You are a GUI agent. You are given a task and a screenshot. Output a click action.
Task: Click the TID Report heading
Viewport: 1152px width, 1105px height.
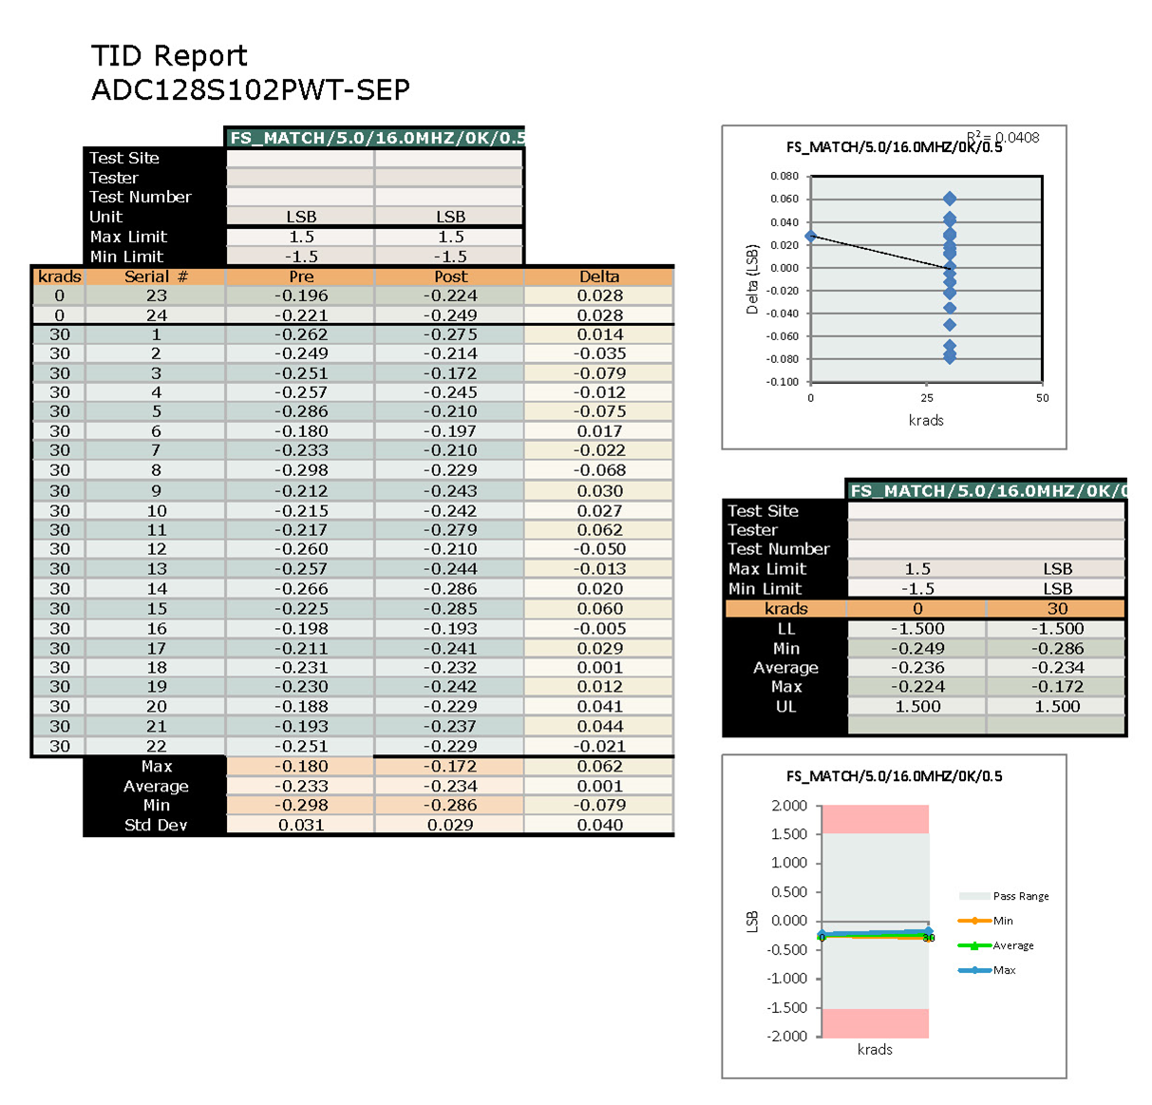[x=169, y=56]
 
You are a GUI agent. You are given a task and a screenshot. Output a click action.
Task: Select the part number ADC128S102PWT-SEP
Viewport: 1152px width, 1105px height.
[x=251, y=90]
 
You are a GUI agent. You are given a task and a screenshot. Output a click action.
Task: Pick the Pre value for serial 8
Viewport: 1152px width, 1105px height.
[x=301, y=470]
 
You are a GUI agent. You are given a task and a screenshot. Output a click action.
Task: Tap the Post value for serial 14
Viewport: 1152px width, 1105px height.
[x=450, y=588]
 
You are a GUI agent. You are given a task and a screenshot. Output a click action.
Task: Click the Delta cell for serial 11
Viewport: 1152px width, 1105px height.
[x=599, y=529]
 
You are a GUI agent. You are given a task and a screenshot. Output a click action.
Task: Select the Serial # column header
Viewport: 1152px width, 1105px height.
[x=156, y=276]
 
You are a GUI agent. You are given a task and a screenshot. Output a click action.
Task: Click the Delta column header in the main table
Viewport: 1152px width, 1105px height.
[x=599, y=276]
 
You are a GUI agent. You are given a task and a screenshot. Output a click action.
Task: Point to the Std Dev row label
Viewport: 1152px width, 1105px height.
[x=156, y=825]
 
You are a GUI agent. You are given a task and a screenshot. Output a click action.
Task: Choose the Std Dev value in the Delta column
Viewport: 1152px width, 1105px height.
[x=599, y=825]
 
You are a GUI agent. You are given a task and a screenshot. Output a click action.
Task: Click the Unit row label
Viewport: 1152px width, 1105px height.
[x=106, y=217]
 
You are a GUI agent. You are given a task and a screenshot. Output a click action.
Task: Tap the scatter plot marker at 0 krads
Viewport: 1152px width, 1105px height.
[x=810, y=236]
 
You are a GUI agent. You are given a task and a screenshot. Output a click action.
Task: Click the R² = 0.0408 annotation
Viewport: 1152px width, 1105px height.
[x=1003, y=138]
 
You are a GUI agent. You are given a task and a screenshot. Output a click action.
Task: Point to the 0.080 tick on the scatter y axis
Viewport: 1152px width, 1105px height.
[x=784, y=176]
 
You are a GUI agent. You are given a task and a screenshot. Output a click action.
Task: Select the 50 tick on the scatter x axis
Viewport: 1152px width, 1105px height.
[x=1042, y=398]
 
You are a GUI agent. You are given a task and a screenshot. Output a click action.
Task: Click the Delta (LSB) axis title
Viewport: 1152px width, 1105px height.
[x=752, y=279]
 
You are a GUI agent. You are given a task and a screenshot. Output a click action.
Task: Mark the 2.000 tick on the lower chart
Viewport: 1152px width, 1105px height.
[x=789, y=806]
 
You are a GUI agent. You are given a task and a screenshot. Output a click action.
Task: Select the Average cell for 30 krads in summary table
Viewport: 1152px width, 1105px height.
[x=1057, y=668]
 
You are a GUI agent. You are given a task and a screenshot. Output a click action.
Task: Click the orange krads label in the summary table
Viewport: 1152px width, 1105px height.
[x=785, y=609]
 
